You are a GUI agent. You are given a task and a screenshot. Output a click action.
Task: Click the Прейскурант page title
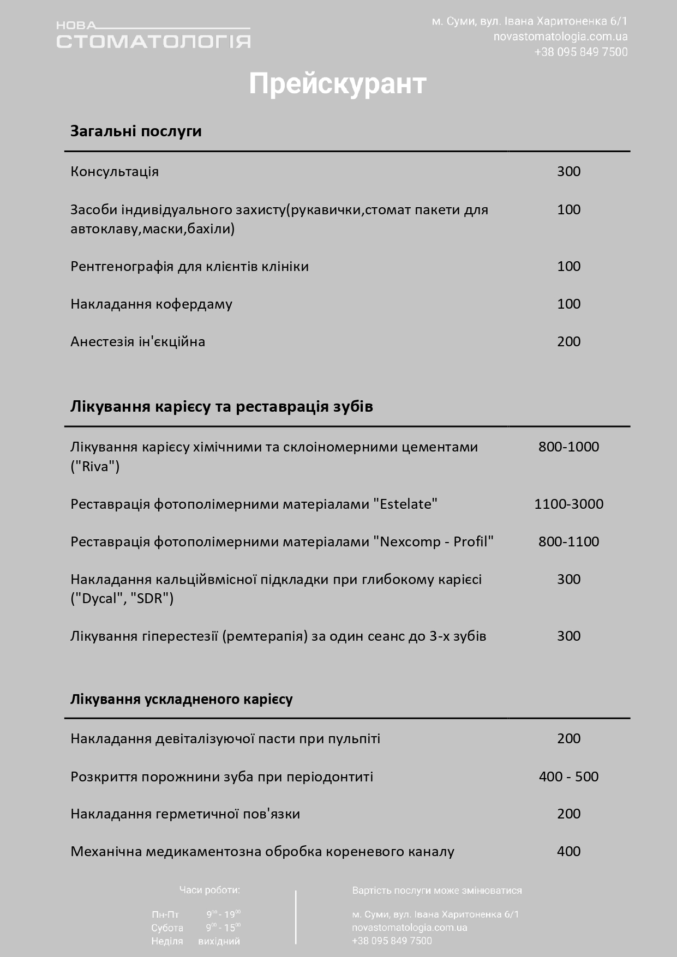[337, 84]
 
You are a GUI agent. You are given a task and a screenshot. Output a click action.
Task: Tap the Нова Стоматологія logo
[153, 35]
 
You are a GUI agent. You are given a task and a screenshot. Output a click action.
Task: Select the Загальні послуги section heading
[136, 131]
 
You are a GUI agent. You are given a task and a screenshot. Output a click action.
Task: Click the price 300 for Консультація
[568, 172]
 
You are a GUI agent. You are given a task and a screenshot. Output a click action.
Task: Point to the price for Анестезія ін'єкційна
[568, 342]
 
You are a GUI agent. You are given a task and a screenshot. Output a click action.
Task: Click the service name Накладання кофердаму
[151, 304]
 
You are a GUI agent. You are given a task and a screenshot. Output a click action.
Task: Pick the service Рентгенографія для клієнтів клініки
[189, 267]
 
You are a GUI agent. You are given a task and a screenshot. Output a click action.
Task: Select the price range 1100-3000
[568, 504]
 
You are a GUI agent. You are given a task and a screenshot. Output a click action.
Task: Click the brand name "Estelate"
[405, 504]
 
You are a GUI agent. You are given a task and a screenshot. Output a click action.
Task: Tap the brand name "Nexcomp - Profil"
[433, 541]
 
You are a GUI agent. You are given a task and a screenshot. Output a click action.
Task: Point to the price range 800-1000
[568, 447]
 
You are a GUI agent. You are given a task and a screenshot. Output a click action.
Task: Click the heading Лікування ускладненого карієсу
[181, 699]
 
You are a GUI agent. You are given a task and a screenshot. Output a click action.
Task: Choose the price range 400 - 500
[568, 777]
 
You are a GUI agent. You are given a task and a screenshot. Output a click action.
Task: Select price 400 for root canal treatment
[568, 851]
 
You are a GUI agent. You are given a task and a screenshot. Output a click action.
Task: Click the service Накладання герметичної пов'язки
[185, 814]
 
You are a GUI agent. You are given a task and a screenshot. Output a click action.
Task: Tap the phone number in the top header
[580, 52]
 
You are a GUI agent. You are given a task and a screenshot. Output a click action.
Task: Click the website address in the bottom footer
[409, 927]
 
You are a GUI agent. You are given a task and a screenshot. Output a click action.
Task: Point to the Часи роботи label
[209, 890]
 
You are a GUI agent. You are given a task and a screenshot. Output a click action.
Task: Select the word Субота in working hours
[167, 928]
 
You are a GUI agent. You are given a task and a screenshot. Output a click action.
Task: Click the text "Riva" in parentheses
[95, 467]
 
